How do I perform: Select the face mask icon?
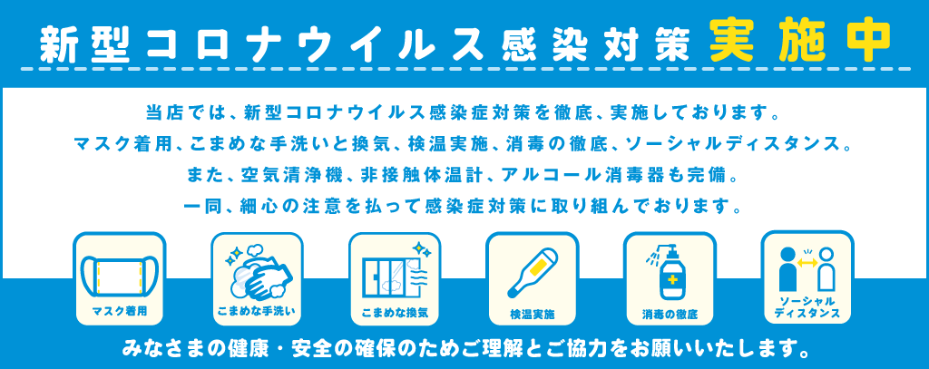pyautogui.click(x=119, y=275)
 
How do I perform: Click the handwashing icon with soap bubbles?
pyautogui.click(x=257, y=273)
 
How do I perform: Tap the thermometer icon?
pyautogui.click(x=533, y=273)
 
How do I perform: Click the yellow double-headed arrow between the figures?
pyautogui.click(x=807, y=261)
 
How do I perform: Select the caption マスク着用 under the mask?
pyautogui.click(x=119, y=310)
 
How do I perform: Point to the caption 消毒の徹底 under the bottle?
pyautogui.click(x=670, y=314)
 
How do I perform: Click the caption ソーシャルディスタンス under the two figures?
pyautogui.click(x=807, y=307)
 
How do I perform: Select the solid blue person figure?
pyautogui.click(x=787, y=269)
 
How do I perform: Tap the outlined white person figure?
pyautogui.click(x=826, y=270)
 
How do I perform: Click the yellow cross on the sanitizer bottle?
pyautogui.click(x=672, y=279)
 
